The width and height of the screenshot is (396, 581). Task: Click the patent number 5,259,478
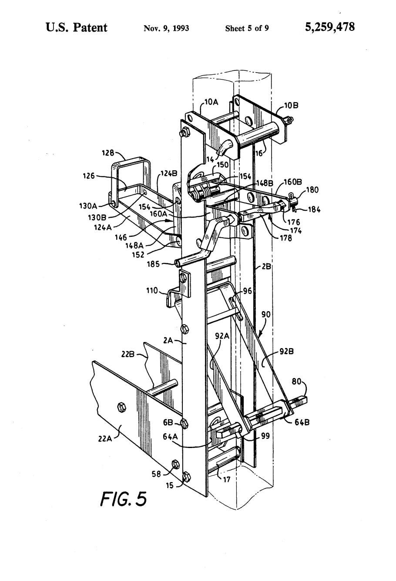coord(329,27)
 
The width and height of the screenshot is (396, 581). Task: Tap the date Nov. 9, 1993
coord(166,28)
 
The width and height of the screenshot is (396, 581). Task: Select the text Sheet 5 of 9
coord(247,28)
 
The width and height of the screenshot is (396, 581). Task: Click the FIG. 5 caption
coord(123,498)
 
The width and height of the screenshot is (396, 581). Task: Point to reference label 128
coord(108,153)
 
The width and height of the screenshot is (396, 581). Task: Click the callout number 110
coord(152,290)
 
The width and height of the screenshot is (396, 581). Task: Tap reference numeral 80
coord(296,381)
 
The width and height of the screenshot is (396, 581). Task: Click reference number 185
coord(153,265)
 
